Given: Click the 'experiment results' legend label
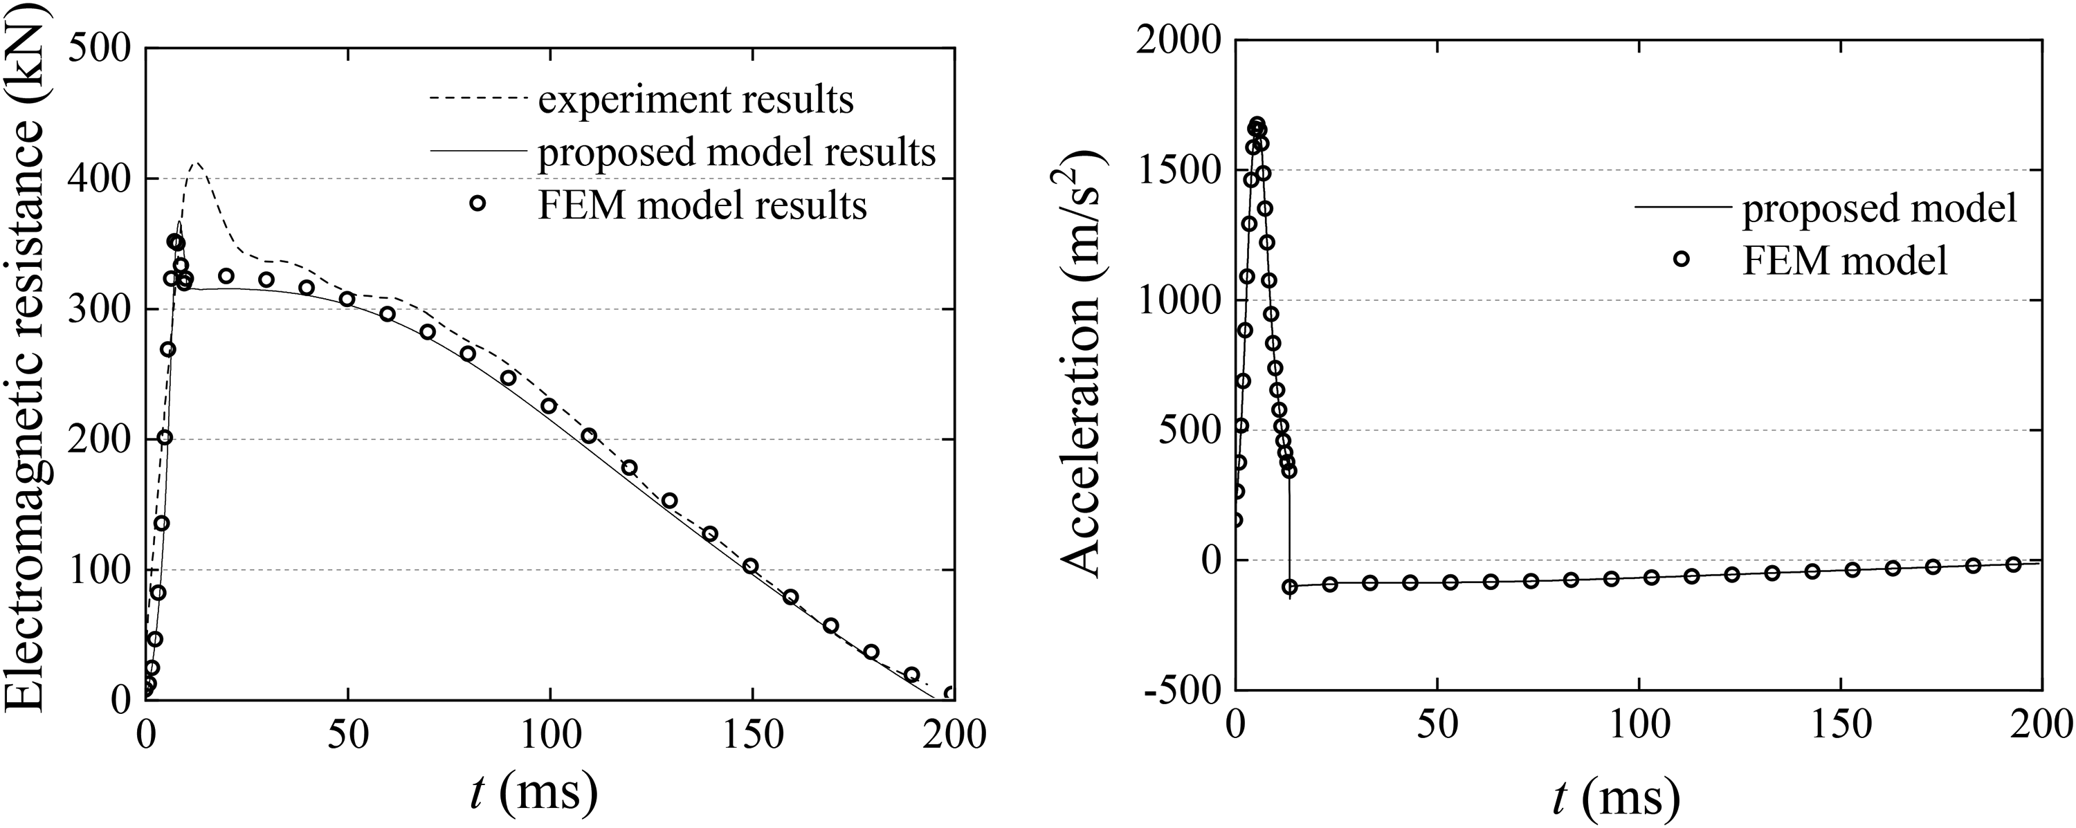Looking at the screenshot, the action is coord(695,100).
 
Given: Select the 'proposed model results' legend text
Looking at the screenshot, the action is coord(736,151).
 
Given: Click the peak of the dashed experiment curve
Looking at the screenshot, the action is coord(196,163).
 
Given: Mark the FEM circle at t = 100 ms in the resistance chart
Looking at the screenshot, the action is coord(549,406).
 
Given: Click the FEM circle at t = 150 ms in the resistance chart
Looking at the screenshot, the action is coord(750,565).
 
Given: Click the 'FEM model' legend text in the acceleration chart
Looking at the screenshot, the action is coord(1846,259).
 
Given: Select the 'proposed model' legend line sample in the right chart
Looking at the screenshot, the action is coord(1683,208).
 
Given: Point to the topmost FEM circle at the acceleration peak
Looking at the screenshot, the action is coord(1257,124).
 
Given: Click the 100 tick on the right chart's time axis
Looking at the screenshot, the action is coord(1640,726).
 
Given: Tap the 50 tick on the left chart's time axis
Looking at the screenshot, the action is coord(348,734).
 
